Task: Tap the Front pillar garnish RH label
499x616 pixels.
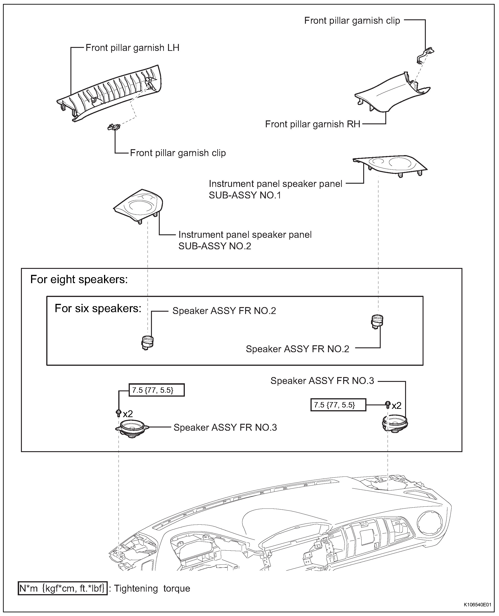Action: pos(312,124)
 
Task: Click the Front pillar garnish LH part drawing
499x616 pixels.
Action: pos(112,92)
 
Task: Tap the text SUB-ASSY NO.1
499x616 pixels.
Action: pos(245,195)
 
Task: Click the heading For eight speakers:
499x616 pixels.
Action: pos(79,279)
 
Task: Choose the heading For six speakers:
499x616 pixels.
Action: pos(98,308)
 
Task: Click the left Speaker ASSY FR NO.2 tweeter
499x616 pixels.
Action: pos(147,342)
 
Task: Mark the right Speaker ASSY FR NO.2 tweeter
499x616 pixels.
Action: pos(377,321)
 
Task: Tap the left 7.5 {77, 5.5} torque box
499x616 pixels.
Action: pos(156,390)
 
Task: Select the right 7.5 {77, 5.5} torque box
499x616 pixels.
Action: pos(338,405)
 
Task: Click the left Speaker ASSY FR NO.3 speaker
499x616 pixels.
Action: pos(132,428)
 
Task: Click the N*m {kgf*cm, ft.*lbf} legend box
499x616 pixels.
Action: pos(62,588)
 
